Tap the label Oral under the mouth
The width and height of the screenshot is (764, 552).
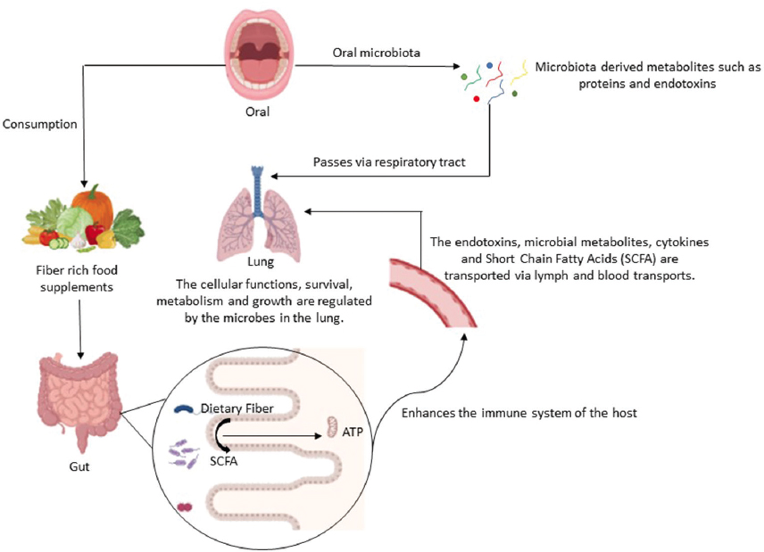coord(257,112)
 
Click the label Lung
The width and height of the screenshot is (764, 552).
coord(256,265)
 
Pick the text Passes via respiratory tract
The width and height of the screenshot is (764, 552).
coord(389,162)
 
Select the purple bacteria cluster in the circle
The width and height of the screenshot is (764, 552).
coord(185,455)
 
